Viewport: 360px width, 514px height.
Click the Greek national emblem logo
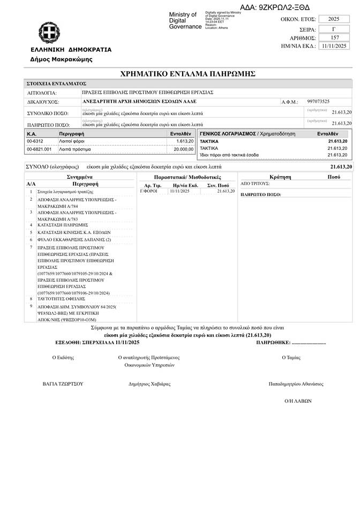click(49, 33)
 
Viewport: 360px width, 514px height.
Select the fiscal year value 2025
click(333, 19)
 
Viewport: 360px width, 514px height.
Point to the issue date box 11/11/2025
click(333, 46)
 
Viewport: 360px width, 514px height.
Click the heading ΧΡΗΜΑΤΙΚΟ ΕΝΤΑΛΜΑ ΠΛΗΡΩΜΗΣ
click(188, 73)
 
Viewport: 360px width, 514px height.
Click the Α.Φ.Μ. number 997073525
click(318, 101)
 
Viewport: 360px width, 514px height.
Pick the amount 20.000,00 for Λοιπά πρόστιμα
click(183, 149)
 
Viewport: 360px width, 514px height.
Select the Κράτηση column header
click(281, 176)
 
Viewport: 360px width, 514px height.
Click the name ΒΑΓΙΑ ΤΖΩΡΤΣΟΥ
click(63, 384)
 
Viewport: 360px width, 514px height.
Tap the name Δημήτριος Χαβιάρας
click(149, 384)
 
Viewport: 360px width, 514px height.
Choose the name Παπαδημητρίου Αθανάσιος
click(296, 384)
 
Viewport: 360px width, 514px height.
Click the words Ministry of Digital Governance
click(183, 20)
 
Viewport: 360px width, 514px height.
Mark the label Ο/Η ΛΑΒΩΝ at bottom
click(298, 400)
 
